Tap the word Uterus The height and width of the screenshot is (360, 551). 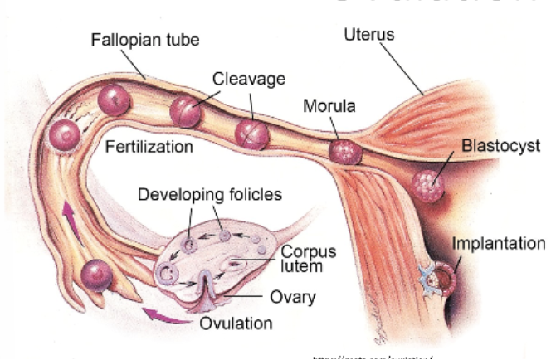pyautogui.click(x=369, y=35)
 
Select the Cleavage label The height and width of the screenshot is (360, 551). pyautogui.click(x=249, y=79)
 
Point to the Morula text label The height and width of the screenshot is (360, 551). pyautogui.click(x=329, y=106)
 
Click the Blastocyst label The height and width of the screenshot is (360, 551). pyautogui.click(x=501, y=146)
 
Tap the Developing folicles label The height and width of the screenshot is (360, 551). pyautogui.click(x=210, y=195)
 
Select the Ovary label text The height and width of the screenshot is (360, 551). pyautogui.click(x=293, y=297)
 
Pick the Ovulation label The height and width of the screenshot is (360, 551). pyautogui.click(x=236, y=323)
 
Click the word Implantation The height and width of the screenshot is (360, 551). pyautogui.click(x=498, y=244)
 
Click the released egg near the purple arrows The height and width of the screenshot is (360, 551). pyautogui.click(x=97, y=273)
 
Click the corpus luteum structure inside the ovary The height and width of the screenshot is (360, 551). pyautogui.click(x=236, y=265)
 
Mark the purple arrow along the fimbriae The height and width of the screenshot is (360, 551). pyautogui.click(x=71, y=221)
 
